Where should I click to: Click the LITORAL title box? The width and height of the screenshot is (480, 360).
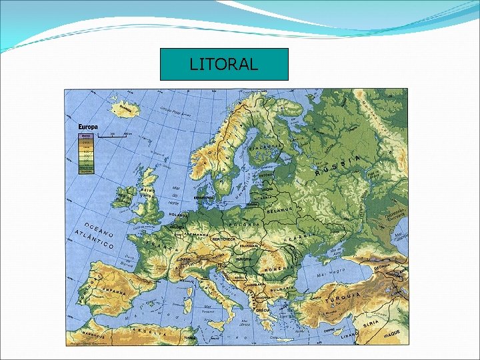pos(224,65)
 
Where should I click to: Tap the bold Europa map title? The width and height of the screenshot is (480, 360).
pos(89,127)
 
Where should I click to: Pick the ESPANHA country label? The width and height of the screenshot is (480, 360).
pos(115,291)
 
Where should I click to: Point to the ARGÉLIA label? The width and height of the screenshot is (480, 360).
pos(150,331)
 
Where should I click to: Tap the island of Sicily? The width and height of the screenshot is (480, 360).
pos(223,320)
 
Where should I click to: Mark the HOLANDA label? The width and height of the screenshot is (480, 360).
pos(179,215)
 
